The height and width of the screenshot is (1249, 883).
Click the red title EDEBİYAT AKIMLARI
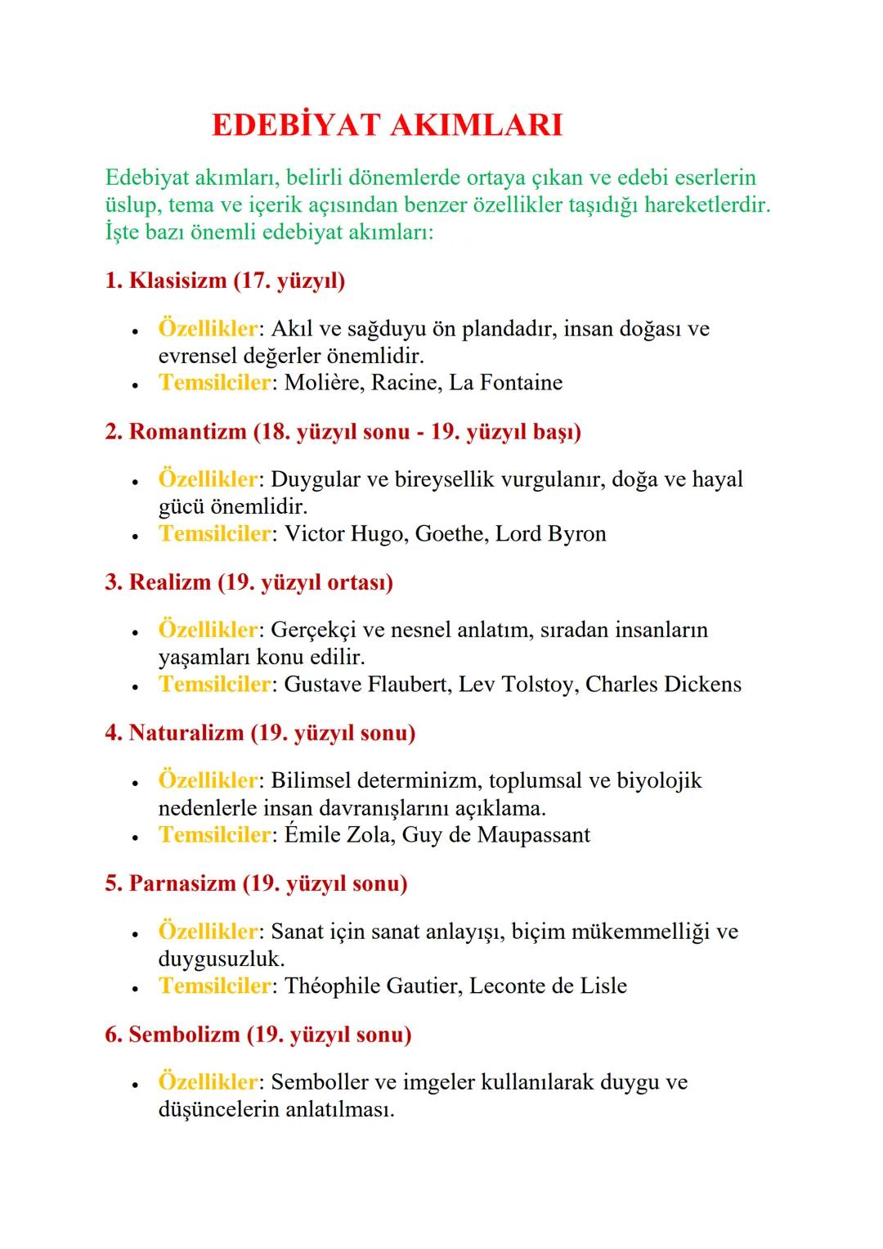tap(387, 125)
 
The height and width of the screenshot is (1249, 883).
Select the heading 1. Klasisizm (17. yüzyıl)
tap(225, 281)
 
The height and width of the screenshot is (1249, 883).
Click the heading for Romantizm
tap(343, 432)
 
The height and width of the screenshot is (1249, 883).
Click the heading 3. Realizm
tap(249, 582)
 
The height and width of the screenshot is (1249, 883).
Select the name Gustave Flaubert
tap(367, 685)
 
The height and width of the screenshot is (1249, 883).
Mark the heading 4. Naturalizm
tap(260, 733)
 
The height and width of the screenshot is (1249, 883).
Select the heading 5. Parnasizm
tap(256, 884)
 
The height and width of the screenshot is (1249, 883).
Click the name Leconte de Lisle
tap(548, 986)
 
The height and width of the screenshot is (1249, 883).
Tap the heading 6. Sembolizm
tap(258, 1035)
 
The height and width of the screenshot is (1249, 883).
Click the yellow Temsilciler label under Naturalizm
tap(214, 835)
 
